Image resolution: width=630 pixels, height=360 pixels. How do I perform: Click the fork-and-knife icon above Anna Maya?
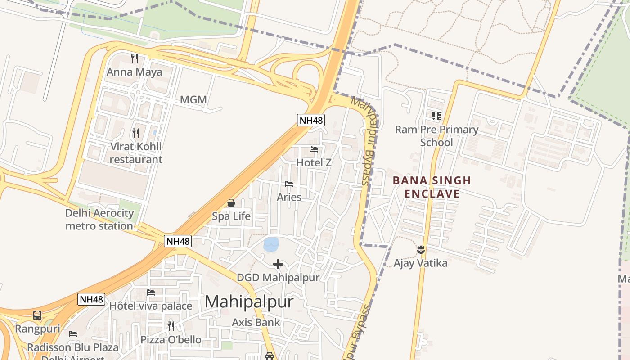134,58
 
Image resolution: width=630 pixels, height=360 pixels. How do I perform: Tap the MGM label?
193,99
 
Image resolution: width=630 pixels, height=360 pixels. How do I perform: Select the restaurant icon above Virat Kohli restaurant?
135,133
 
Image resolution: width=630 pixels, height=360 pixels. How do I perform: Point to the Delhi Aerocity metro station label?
99,219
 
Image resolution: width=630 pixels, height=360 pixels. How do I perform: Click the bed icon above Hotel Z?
314,149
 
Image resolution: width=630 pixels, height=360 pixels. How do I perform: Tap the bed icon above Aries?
289,184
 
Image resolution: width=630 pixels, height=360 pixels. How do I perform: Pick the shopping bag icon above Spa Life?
231,203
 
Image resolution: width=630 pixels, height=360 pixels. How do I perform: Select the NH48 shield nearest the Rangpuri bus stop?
91,299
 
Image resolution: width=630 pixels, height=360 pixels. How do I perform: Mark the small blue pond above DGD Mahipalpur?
271,244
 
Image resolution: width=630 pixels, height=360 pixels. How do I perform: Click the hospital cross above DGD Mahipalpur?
278,264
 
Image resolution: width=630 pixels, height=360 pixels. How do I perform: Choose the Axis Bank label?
256,322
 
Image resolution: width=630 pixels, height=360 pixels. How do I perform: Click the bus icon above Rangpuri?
37,315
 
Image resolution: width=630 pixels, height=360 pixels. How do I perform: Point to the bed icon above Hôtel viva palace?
151,292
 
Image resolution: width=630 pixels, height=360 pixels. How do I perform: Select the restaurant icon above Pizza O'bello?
171,326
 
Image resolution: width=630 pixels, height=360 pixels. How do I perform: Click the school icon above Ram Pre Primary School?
436,116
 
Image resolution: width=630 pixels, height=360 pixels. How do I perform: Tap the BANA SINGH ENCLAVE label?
432,187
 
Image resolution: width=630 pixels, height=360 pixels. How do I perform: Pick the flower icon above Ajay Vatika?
421,249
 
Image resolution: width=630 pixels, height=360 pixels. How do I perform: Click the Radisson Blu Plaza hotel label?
73,347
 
